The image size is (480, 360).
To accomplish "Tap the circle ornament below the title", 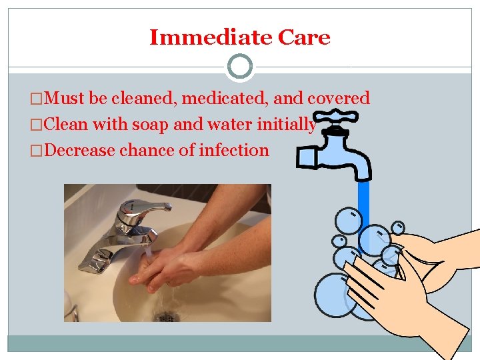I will pyautogui.click(x=240, y=66).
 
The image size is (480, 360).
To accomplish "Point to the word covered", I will pyautogui.click(x=338, y=99).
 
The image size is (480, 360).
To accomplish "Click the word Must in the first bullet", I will pyautogui.click(x=65, y=99).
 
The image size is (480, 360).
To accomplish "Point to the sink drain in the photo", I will pyautogui.click(x=164, y=314).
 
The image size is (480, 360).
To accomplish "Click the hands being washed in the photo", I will pyautogui.click(x=167, y=263).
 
